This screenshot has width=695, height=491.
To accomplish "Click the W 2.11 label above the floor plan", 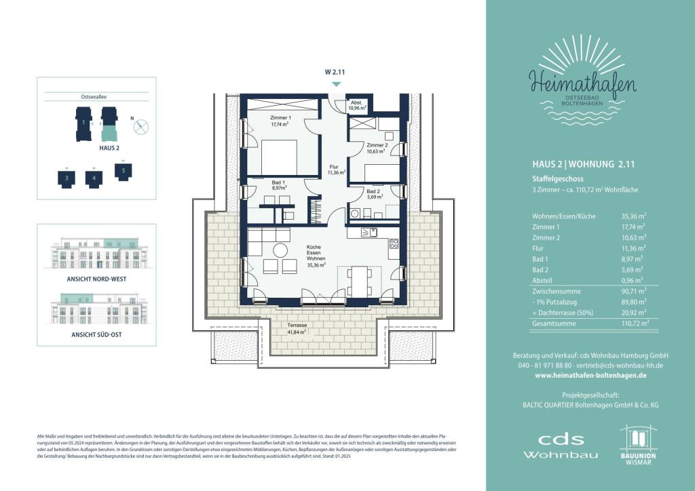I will point(335,71).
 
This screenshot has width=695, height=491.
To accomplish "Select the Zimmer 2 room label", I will point(377,149).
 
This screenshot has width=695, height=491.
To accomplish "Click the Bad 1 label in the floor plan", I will point(278,185).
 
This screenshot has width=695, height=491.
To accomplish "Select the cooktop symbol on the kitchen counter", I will point(393,245).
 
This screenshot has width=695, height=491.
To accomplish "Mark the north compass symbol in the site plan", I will point(141,126).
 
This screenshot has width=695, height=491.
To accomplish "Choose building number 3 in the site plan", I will point(67,178).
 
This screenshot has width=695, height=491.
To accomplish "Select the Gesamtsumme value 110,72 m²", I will point(635,325).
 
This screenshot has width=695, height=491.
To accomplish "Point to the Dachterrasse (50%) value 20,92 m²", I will point(635,313).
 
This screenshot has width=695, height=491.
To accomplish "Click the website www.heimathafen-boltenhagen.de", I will point(590,375).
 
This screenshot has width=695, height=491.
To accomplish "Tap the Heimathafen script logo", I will point(584,85).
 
